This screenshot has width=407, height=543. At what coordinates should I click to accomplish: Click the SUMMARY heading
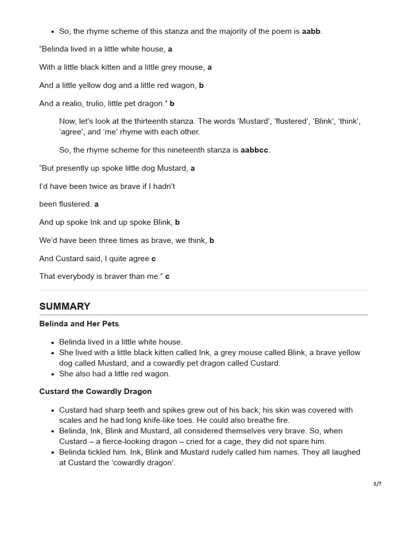click(65, 306)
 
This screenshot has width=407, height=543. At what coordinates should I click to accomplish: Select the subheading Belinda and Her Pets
click(79, 324)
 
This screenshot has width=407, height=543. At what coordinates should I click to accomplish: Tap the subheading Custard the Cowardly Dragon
click(95, 392)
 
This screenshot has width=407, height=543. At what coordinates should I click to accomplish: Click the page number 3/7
click(377, 484)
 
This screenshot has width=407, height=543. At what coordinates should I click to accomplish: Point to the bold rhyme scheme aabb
click(311, 31)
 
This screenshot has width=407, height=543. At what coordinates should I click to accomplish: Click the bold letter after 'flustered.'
click(96, 204)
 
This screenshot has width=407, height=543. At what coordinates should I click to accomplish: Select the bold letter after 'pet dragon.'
click(172, 103)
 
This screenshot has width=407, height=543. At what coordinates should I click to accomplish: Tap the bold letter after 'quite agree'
click(154, 259)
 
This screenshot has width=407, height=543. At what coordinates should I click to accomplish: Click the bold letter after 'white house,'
click(170, 49)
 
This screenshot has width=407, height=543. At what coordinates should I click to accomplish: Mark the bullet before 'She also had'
click(52, 374)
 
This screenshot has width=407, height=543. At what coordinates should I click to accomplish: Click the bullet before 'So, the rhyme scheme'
click(52, 32)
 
